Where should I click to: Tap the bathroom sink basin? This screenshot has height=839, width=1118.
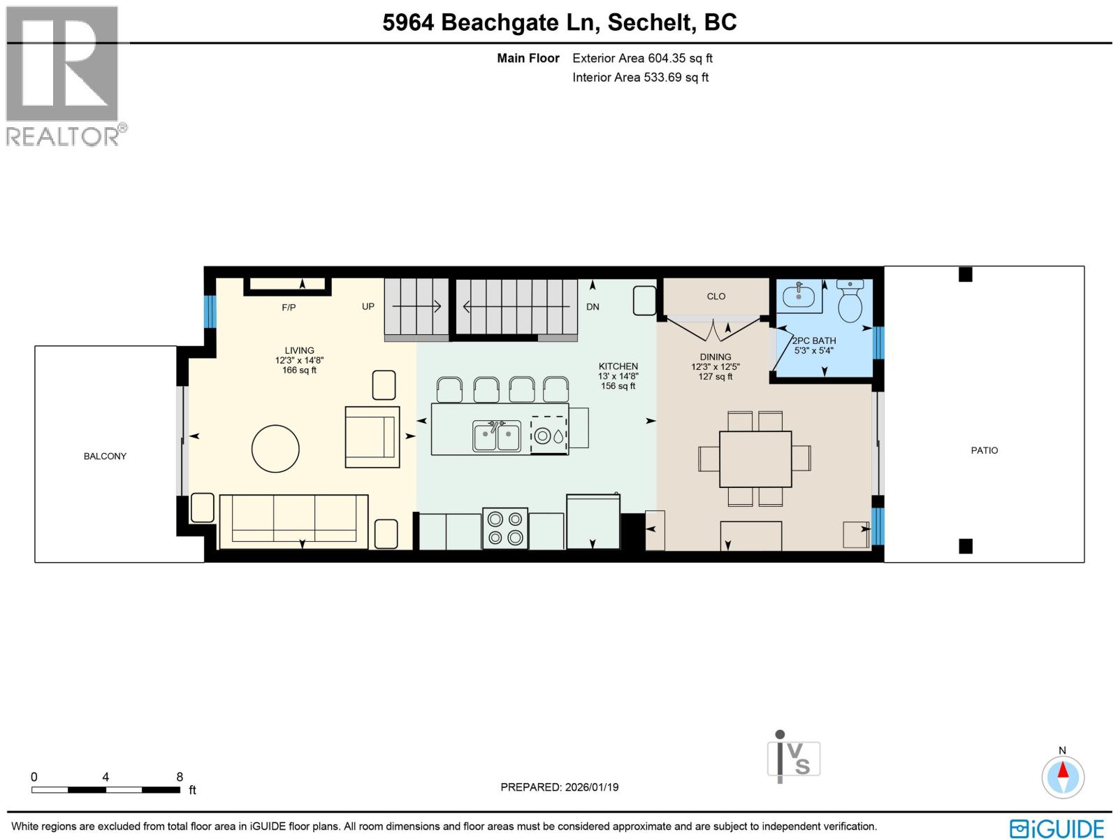coord(799,296)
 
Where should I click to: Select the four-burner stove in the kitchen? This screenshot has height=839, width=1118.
coord(505,528)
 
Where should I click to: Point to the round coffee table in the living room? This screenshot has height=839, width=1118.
coord(275,449)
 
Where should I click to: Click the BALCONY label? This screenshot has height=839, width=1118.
coord(105,456)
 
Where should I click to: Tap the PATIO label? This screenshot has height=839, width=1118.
coord(984,450)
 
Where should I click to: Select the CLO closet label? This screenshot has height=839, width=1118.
coord(716,296)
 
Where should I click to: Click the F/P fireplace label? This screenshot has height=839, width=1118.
coord(289,307)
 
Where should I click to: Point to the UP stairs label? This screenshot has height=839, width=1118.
coord(368,306)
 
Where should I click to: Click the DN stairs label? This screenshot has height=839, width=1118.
coord(593,306)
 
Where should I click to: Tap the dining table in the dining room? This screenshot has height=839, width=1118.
coord(755,459)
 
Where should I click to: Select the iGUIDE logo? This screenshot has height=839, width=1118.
coord(1057,828)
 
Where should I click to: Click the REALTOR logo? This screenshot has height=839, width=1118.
coord(64,76)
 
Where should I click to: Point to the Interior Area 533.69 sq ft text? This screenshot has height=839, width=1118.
coord(640,78)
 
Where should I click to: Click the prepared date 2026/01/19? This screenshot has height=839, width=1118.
coord(559,787)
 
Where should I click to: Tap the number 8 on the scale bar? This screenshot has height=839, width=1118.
coord(180,777)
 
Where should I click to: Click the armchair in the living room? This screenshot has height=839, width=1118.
coord(372,437)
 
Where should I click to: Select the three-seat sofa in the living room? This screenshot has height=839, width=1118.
coord(293,522)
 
